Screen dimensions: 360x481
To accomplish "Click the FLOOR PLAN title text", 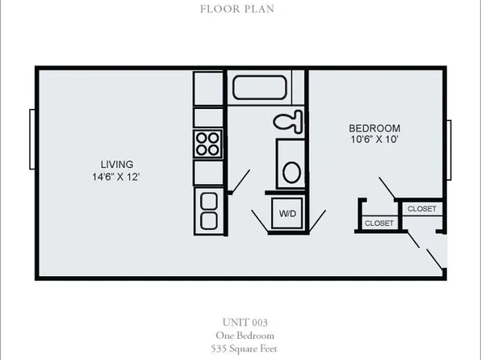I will click(x=240, y=10).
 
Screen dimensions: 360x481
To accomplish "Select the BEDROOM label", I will click(x=374, y=128).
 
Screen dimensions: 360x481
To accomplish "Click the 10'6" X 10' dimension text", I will click(x=374, y=141).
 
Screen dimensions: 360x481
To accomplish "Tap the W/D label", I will click(x=287, y=215).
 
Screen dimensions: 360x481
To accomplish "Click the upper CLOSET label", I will click(x=421, y=209).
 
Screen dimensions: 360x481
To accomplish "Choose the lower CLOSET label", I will click(x=379, y=223).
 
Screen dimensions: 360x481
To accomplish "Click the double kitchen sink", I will click(x=208, y=210).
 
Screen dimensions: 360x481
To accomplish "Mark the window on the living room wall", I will click(x=31, y=144).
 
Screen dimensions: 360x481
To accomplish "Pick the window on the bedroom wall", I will click(x=449, y=150).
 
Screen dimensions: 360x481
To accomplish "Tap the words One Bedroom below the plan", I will click(x=240, y=335).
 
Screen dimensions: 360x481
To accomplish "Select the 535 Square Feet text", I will click(x=240, y=348).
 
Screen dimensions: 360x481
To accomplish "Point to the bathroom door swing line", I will click(x=240, y=182).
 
